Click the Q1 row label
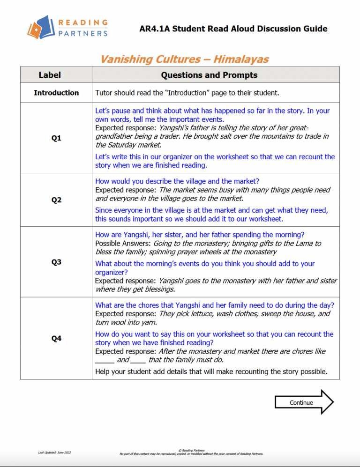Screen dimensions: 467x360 click(56, 138)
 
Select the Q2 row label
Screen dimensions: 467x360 click(56, 200)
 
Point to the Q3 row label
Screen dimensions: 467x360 click(56, 262)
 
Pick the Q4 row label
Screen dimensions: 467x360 click(56, 338)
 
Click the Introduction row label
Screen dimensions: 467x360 click(56, 93)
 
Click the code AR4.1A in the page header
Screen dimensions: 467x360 click(155, 29)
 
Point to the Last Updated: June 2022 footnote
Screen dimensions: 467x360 click(55, 452)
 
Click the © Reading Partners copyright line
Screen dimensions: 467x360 click(192, 450)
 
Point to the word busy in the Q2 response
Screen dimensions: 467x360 click(222, 190)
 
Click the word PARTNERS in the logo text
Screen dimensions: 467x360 click(83, 33)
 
